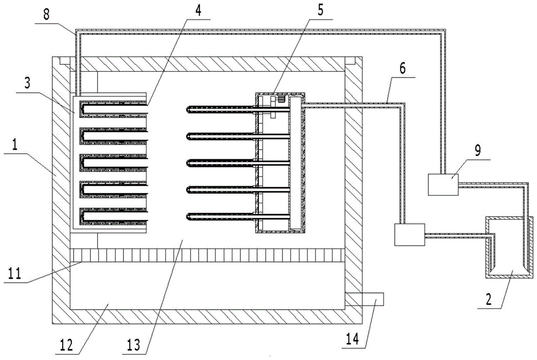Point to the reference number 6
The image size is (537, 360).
point(387,69)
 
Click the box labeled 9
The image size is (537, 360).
point(442,184)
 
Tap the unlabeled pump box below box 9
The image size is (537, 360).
point(409,234)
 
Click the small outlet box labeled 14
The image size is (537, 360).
point(365,299)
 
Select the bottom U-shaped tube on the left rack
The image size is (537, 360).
point(113,217)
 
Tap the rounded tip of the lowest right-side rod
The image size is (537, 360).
point(190,217)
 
